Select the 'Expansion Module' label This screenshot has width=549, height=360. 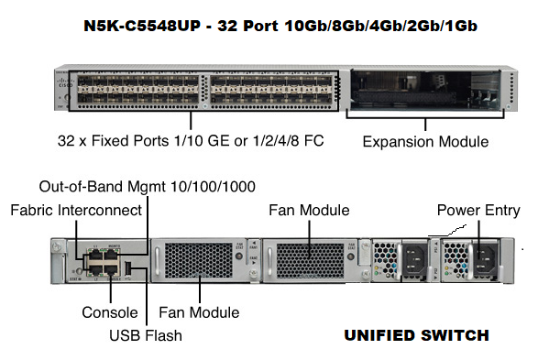[x=425, y=142]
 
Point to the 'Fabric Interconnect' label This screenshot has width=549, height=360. [x=76, y=211]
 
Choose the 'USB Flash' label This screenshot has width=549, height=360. [x=145, y=335]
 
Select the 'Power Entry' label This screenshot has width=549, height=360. [x=478, y=211]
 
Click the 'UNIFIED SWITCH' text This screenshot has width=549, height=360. [x=416, y=336]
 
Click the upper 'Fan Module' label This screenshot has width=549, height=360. [x=309, y=211]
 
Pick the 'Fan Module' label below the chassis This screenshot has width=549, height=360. [x=199, y=312]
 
